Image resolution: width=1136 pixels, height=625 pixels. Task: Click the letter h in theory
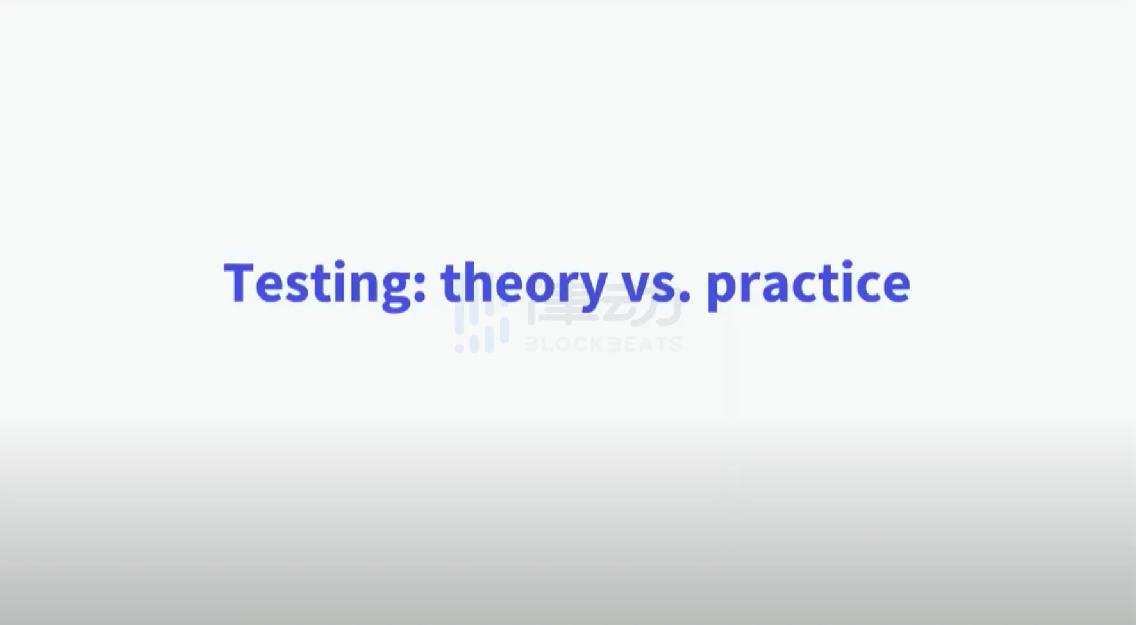click(x=478, y=281)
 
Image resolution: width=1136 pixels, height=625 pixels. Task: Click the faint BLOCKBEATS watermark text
click(x=603, y=344)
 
